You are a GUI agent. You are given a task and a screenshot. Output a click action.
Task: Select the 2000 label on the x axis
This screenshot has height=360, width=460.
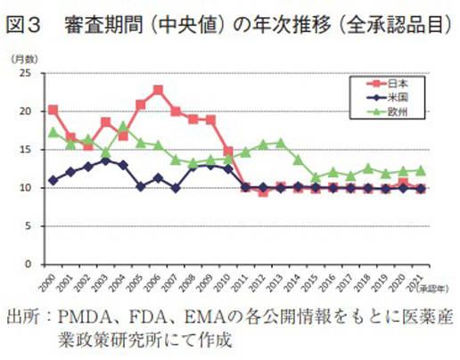51,282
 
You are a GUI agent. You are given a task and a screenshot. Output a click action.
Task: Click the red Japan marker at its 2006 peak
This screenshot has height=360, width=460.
158,90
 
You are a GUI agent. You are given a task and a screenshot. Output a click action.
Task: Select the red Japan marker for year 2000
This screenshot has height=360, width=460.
53,110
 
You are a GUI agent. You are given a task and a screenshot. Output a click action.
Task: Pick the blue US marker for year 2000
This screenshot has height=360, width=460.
53,180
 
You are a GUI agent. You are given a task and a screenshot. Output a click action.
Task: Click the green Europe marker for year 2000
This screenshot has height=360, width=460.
53,133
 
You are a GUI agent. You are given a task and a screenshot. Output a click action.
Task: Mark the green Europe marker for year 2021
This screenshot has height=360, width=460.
421,170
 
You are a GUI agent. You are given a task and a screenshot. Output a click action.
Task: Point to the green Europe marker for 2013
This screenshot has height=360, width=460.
281,143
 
